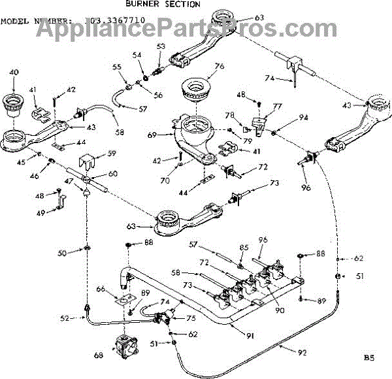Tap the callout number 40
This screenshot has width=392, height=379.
click(14, 72)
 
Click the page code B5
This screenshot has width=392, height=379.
click(370, 357)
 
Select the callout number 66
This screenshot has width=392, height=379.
click(101, 289)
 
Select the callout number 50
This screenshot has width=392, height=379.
click(61, 252)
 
